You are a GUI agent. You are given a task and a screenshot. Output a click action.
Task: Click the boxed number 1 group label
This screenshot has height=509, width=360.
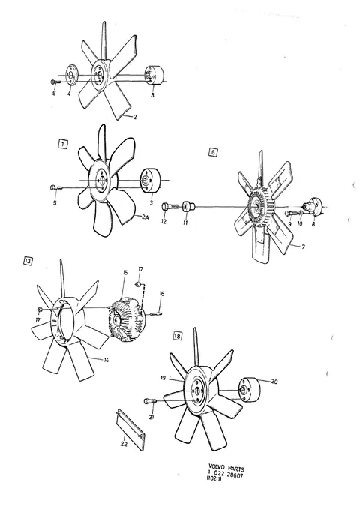point(63,144)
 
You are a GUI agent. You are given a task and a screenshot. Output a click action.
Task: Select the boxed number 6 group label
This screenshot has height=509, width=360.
point(213,152)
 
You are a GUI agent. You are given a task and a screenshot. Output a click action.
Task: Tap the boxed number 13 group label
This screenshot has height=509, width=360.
point(28,261)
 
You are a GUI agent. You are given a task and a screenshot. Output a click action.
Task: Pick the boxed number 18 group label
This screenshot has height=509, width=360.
point(178,336)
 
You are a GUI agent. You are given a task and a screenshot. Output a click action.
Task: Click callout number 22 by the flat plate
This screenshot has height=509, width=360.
point(124,444)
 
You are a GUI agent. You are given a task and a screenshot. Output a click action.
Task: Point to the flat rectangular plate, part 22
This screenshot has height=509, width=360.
point(130,430)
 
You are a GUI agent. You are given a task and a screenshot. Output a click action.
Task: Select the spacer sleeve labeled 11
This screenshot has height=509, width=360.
point(188,206)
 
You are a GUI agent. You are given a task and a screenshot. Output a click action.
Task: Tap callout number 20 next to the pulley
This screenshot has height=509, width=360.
point(274,382)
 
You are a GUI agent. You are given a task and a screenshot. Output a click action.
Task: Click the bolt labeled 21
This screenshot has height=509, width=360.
point(150,402)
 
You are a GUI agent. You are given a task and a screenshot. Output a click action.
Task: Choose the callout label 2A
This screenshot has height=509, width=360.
point(145,218)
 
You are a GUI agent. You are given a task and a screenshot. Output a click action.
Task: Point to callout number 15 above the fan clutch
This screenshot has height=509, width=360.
point(124,273)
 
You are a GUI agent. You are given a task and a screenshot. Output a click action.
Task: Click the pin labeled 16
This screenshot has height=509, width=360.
point(156,313)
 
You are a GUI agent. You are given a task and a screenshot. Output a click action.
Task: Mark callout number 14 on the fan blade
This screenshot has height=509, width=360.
point(106,360)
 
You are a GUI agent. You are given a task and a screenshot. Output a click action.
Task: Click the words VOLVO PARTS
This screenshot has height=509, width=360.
point(226,469)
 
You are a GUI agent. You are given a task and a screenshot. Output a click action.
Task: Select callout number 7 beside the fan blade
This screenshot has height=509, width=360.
point(303,247)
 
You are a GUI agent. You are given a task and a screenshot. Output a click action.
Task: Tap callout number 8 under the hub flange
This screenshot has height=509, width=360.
point(313,223)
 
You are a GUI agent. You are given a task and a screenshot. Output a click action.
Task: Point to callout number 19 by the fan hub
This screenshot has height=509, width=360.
point(163,378)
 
